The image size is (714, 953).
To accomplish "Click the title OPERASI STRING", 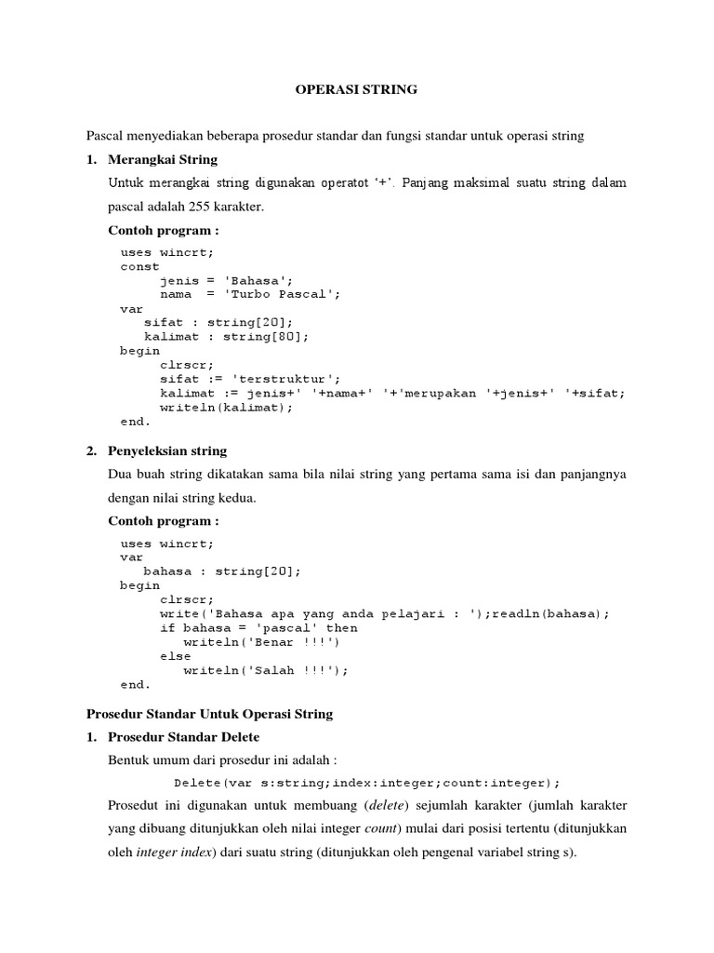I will pyautogui.click(x=356, y=90).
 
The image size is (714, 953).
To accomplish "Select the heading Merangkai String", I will pyautogui.click(x=163, y=159).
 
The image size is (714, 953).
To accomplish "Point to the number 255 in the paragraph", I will pyautogui.click(x=212, y=207).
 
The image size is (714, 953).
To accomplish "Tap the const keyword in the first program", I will pyautogui.click(x=139, y=266).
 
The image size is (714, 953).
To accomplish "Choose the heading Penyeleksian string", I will pyautogui.click(x=167, y=451).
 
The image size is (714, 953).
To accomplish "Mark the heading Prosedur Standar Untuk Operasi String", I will pyautogui.click(x=209, y=715).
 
